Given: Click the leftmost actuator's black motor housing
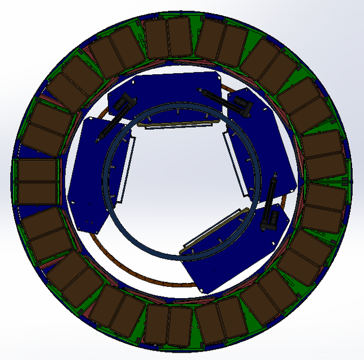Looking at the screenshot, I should coord(125,103).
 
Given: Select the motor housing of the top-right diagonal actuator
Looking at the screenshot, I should coord(243,105).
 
